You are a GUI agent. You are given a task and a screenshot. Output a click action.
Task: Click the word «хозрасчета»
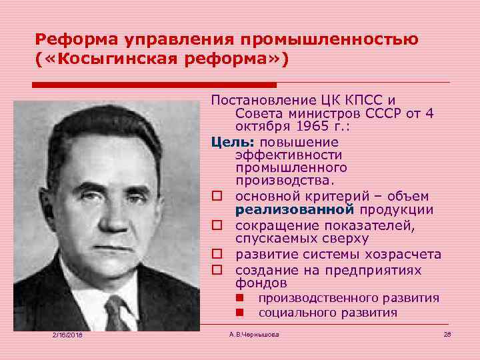pyautogui.click(x=405, y=254)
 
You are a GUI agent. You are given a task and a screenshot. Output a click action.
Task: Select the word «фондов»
pyautogui.click(x=257, y=283)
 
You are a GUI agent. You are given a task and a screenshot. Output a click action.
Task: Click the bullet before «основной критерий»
pyautogui.click(x=217, y=197)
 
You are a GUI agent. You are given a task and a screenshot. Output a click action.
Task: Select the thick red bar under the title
pyautogui.click(x=154, y=85)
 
